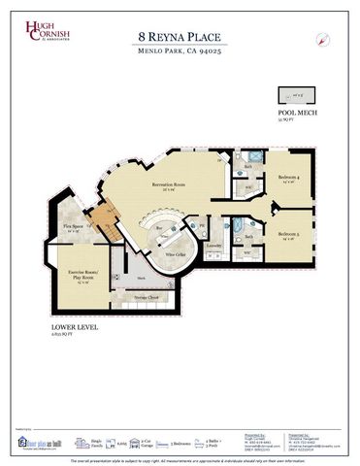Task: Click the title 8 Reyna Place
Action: tap(180, 39)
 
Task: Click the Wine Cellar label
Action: tap(175, 254)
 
